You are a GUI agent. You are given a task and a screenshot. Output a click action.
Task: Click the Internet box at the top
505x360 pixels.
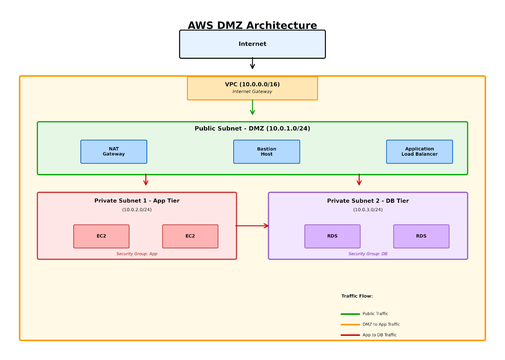[x=252, y=44]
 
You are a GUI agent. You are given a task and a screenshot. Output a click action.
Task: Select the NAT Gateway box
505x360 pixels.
[x=114, y=152]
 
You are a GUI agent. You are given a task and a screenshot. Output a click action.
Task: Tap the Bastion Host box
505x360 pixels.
[x=266, y=152]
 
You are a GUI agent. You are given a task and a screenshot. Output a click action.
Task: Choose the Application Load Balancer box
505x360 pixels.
[x=419, y=152]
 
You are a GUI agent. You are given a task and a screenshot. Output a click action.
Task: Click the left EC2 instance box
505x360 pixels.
[x=101, y=236]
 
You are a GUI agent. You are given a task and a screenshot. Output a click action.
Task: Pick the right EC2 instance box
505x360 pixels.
[x=190, y=236]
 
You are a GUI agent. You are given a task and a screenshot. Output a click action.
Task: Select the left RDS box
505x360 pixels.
[x=332, y=236]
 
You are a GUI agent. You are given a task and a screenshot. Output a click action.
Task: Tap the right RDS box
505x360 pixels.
[x=421, y=236]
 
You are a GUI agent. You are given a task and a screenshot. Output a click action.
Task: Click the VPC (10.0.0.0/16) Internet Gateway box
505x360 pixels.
[x=252, y=88]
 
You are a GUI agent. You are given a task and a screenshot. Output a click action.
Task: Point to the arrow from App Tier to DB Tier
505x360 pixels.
[x=252, y=226]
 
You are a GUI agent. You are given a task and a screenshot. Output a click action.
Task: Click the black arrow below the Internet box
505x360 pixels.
[x=252, y=63]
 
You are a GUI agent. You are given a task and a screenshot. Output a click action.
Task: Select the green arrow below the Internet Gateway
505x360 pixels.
[x=252, y=107]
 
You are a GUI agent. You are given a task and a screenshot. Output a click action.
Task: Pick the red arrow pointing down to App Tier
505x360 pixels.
[x=146, y=179]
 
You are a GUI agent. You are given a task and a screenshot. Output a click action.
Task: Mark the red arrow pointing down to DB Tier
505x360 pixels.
[x=359, y=179]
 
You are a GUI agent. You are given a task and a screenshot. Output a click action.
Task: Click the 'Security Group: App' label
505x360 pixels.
[x=137, y=254]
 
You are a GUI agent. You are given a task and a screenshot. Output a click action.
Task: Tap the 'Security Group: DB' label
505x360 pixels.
[x=368, y=254]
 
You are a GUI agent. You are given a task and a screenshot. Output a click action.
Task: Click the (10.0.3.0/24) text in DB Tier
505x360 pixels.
[x=368, y=210]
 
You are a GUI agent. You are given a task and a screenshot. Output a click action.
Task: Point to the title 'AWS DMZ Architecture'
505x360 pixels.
[x=252, y=25]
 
